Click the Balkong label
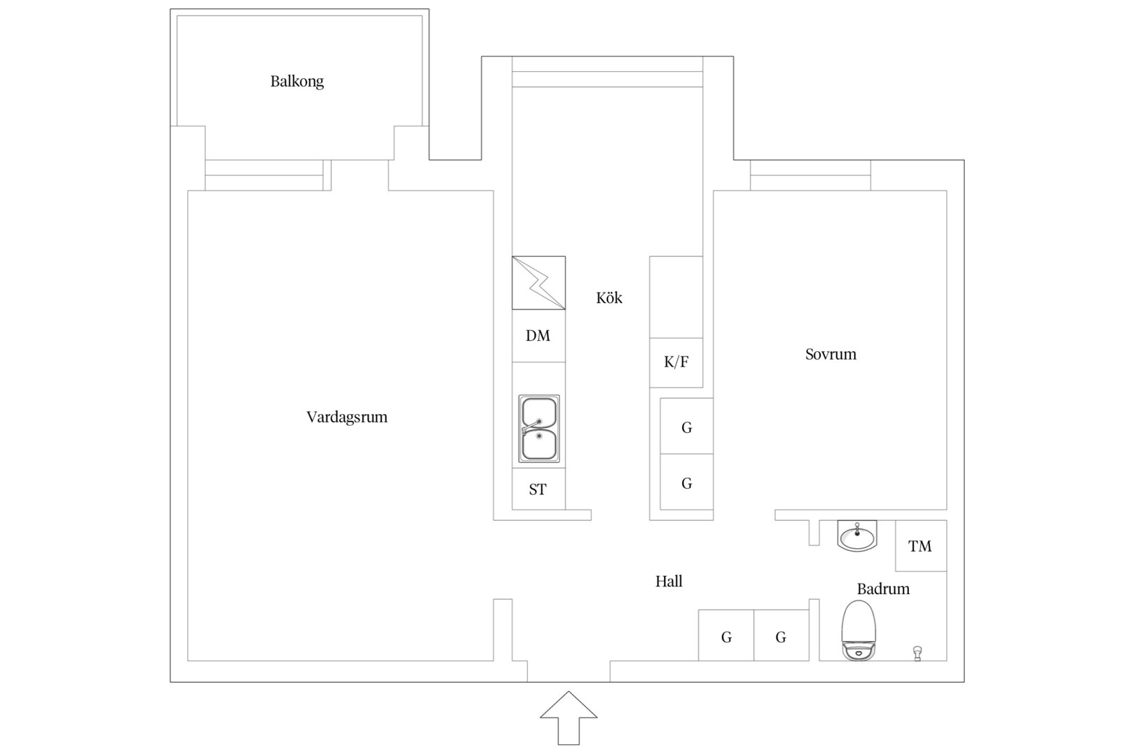coord(297,82)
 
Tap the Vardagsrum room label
coord(347,417)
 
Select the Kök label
coord(609,297)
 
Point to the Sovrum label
coord(831,355)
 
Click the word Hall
coord(669,582)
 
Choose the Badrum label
coord(883,589)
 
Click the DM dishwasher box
coord(539,336)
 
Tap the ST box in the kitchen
coord(539,489)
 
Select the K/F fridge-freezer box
coord(676,362)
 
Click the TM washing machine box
coord(921,545)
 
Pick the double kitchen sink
coord(539,429)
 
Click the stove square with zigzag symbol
coord(539,283)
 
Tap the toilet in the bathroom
coord(858,630)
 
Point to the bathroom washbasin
coord(857,535)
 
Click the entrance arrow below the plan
coord(568,718)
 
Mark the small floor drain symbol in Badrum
coord(917,653)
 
